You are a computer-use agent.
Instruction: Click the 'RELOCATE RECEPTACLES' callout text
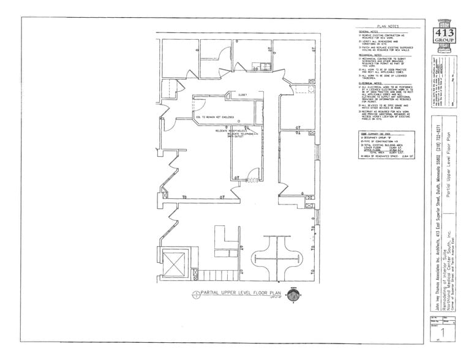pos(230,130)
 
